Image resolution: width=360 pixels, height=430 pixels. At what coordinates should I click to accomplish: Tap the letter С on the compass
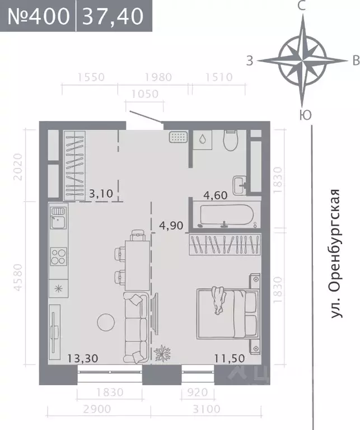point(301,7)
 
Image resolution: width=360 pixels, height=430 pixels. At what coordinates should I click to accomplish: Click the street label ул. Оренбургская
point(335,255)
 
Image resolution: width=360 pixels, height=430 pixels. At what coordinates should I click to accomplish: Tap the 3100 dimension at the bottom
point(207,409)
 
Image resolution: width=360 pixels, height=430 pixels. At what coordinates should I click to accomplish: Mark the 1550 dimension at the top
point(91,77)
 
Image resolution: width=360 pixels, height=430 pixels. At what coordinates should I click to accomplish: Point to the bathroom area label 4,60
point(215,195)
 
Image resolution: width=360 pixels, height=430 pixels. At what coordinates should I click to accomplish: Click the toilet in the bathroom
point(231,141)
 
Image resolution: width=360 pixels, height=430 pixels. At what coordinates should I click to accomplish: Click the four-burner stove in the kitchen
point(58,256)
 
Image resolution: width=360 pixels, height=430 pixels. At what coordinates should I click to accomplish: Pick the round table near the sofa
point(105,322)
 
